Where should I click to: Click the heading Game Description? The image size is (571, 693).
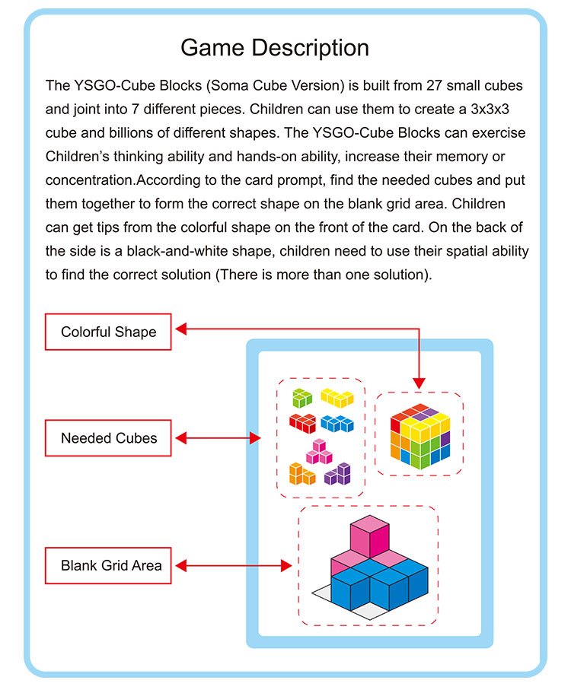point(275,48)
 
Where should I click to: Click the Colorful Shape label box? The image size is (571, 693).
point(108,332)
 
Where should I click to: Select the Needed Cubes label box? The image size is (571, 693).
point(108,438)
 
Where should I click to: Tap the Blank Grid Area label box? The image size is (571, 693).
point(108,565)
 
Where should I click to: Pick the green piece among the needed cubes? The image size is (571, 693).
point(301,397)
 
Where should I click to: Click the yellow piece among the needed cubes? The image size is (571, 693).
point(336,397)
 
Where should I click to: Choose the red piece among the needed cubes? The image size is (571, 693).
point(301,422)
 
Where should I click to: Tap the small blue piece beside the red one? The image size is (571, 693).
point(336,422)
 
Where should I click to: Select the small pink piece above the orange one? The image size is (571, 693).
point(319,451)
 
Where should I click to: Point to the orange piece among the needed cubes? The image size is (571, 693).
point(302,474)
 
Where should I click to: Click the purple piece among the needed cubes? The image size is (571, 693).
point(337,474)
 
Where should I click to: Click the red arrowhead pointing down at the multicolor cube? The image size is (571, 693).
point(418,383)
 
